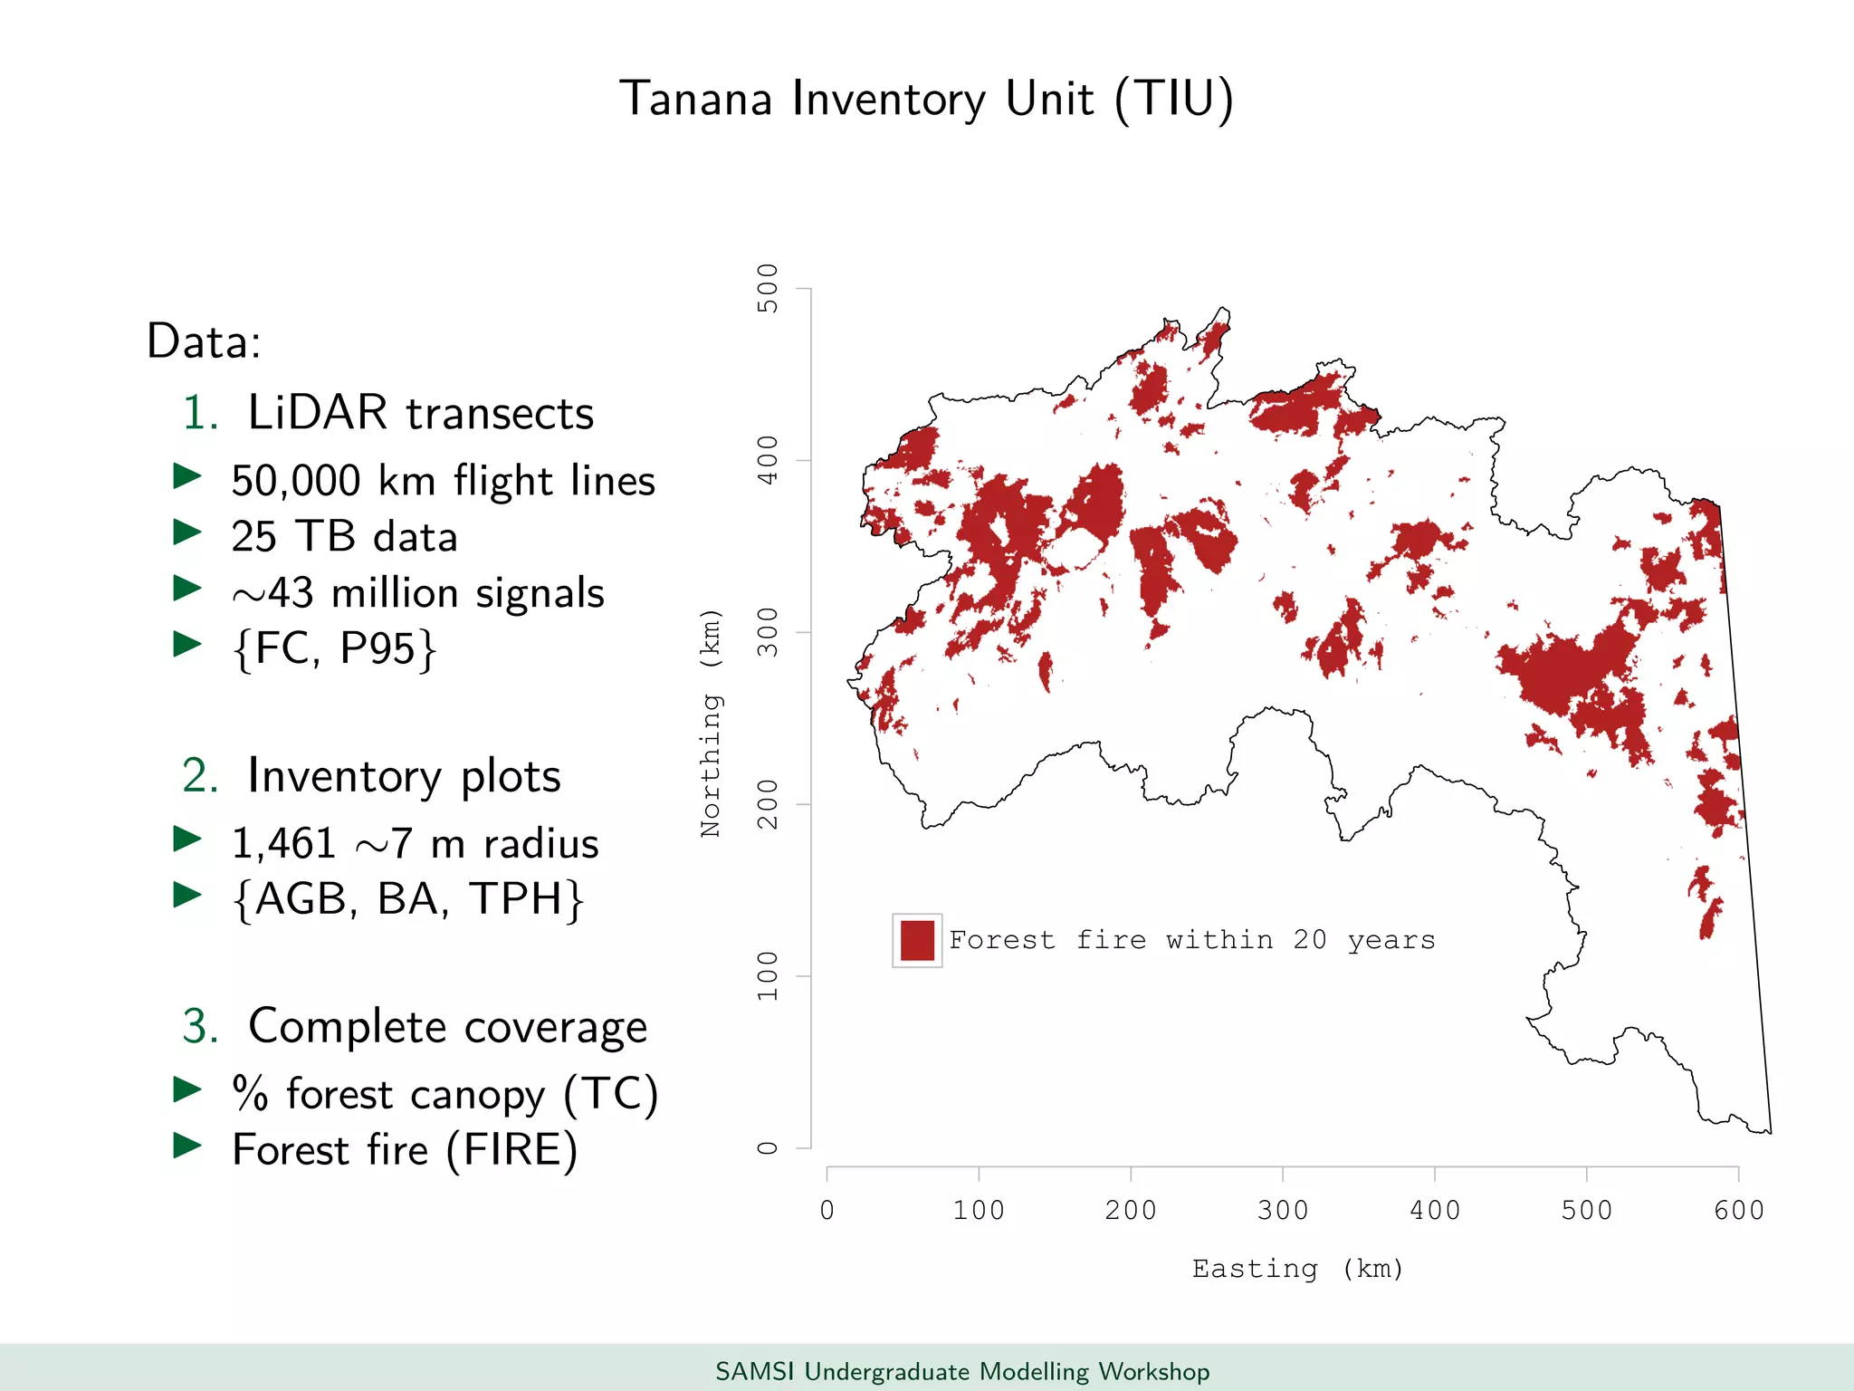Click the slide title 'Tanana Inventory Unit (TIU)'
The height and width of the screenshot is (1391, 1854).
click(926, 99)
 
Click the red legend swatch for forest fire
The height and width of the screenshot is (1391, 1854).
click(917, 941)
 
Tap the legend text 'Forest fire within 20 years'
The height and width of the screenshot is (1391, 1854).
click(1191, 940)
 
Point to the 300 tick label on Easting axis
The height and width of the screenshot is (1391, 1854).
click(1282, 1210)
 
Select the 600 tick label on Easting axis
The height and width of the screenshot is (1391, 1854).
click(1738, 1210)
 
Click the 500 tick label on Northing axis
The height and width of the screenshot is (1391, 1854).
click(768, 288)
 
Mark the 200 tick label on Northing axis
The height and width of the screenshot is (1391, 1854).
click(768, 804)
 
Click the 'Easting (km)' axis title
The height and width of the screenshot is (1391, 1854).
click(1297, 1269)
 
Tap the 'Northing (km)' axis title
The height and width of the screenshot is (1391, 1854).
click(712, 723)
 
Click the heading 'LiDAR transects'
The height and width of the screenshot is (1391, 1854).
click(421, 413)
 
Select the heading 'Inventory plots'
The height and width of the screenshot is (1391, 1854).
click(404, 776)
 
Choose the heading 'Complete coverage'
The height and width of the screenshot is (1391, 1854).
click(447, 1027)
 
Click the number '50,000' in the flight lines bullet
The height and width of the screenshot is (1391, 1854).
click(295, 481)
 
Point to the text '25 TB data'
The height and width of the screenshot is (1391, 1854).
click(344, 537)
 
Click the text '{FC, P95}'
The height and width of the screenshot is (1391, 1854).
click(334, 648)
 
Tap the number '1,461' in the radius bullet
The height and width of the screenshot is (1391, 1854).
click(283, 844)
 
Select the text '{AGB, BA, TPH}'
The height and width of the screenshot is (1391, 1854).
click(407, 899)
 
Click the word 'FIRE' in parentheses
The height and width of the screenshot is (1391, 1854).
click(511, 1150)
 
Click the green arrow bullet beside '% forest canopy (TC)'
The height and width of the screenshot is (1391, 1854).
click(187, 1089)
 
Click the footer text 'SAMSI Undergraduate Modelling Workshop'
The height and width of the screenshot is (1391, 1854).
click(962, 1371)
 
